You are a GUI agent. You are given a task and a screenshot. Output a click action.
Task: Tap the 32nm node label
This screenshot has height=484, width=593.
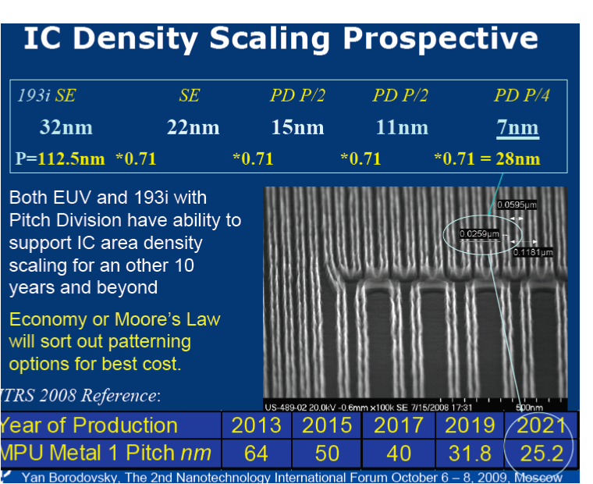coord(66,127)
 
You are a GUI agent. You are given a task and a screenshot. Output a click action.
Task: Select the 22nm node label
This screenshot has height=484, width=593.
coord(193,127)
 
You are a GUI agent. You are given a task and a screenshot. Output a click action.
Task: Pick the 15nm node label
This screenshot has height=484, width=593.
coord(297,127)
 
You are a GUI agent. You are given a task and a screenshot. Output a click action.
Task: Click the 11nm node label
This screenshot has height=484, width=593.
coord(402,127)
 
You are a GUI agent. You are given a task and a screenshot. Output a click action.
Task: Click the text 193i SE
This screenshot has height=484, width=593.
coord(47,96)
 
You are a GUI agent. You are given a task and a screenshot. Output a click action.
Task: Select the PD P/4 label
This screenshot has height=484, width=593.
coord(522,96)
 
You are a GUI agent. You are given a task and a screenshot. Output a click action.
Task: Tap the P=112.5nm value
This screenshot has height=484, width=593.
coord(60,159)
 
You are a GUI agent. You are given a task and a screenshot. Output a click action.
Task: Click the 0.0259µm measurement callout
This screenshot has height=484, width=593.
coord(479,233)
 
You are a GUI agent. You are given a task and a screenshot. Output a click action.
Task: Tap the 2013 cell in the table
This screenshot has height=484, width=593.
coord(256,425)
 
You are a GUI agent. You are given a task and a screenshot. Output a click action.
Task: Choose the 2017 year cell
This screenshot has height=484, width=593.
coord(399,425)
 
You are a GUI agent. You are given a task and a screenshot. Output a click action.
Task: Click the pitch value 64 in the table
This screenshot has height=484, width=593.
coord(256,453)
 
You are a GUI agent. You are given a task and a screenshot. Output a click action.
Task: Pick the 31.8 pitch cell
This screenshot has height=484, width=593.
coord(470,453)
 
